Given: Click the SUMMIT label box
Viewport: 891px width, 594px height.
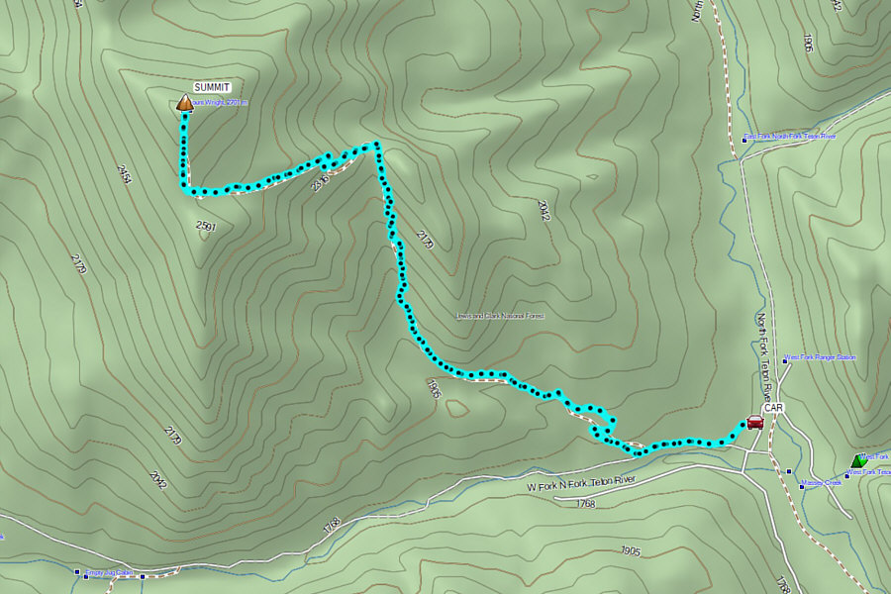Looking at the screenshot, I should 211,87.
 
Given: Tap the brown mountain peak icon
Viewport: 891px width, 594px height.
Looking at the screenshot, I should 184,102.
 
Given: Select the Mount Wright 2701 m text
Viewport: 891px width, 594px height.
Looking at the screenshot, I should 220,103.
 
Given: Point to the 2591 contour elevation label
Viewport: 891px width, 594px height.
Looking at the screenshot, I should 206,227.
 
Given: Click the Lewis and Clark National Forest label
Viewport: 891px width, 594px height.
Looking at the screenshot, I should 500,316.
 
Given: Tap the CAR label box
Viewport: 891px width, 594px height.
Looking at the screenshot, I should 774,407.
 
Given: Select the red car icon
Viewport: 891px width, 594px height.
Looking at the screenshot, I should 755,422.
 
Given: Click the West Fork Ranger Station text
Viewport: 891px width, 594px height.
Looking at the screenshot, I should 821,357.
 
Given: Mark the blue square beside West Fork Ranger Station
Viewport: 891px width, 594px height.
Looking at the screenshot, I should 785,360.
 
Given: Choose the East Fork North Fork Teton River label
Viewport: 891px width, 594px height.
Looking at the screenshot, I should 792,136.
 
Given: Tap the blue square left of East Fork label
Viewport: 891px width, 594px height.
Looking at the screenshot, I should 744,140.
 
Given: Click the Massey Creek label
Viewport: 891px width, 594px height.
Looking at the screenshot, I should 822,483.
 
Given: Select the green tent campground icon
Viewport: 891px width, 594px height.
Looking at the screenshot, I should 856,460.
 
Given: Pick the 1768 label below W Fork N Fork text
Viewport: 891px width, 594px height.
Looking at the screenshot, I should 584,503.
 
